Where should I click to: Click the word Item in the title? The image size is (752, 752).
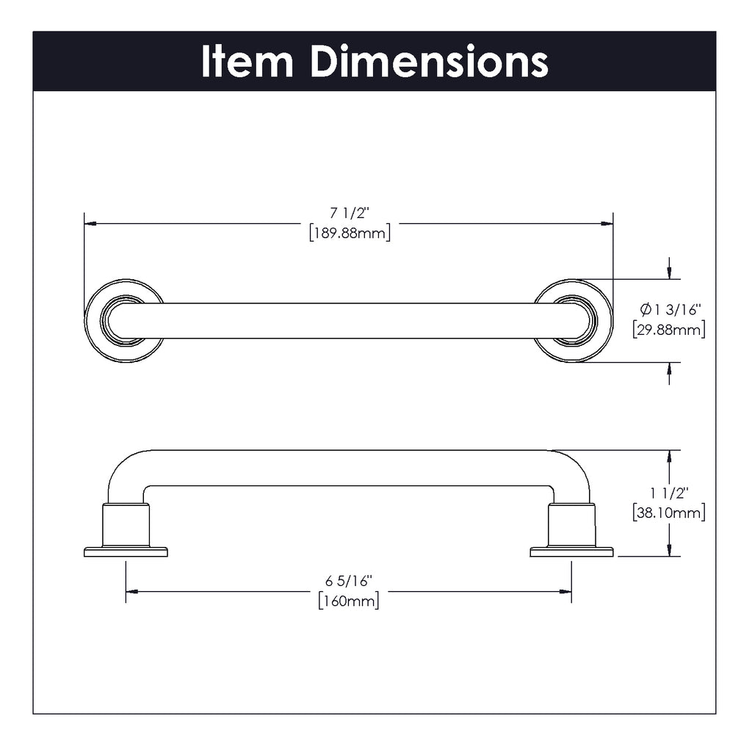247,61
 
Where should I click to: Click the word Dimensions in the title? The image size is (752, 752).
430,61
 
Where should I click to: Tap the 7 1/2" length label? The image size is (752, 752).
350,212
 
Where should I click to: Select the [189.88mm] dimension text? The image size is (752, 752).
350,233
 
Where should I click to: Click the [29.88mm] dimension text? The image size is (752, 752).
668,330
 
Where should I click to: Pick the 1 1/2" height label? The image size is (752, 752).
669,493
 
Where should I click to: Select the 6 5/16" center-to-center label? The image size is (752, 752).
349,582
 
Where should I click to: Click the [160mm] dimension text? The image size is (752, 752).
349,601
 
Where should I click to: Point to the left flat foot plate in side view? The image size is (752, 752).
126,552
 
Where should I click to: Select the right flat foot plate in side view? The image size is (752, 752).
571,552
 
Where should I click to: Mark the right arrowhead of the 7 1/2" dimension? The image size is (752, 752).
607,223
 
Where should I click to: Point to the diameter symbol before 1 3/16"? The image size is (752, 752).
646,310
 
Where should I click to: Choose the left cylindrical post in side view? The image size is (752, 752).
126,525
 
